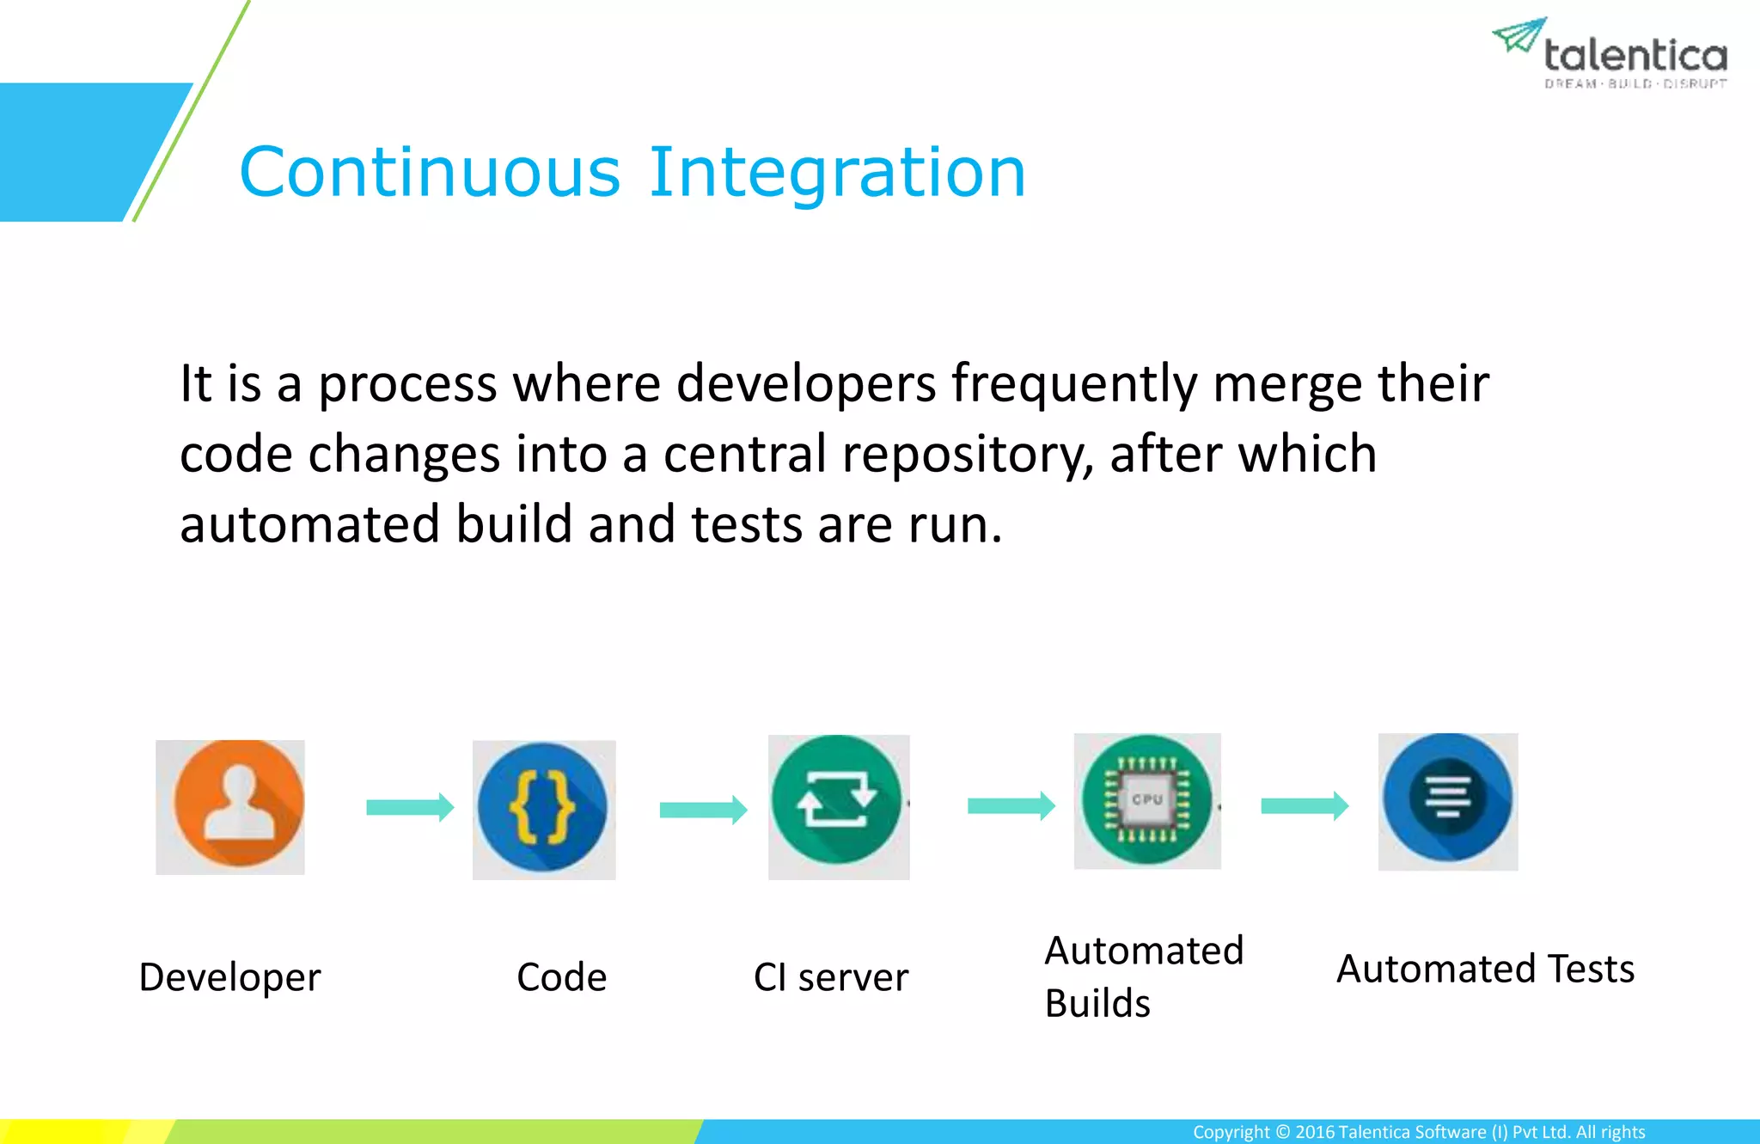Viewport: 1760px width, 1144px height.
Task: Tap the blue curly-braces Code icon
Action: pos(543,808)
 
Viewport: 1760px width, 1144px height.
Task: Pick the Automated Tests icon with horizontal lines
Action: pos(1448,798)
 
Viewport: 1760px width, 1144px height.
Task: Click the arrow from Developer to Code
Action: pos(410,807)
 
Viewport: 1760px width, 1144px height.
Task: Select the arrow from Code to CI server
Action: pos(703,810)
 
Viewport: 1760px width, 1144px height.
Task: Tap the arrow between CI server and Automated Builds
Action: pos(1011,805)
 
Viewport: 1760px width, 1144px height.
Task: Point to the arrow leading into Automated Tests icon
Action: pos(1304,805)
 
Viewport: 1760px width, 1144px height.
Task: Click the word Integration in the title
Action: pos(837,172)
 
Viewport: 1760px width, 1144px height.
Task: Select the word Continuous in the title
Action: pos(430,172)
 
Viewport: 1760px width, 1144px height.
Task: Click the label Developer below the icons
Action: pos(229,977)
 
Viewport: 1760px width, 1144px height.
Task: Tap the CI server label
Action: pos(830,977)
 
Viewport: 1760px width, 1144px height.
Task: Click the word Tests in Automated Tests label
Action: pos(1591,969)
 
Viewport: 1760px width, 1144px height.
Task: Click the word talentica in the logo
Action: pos(1635,56)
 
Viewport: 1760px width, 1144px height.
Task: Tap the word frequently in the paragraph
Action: pos(1074,383)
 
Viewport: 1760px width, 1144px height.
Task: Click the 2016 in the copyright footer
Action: pos(1315,1132)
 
